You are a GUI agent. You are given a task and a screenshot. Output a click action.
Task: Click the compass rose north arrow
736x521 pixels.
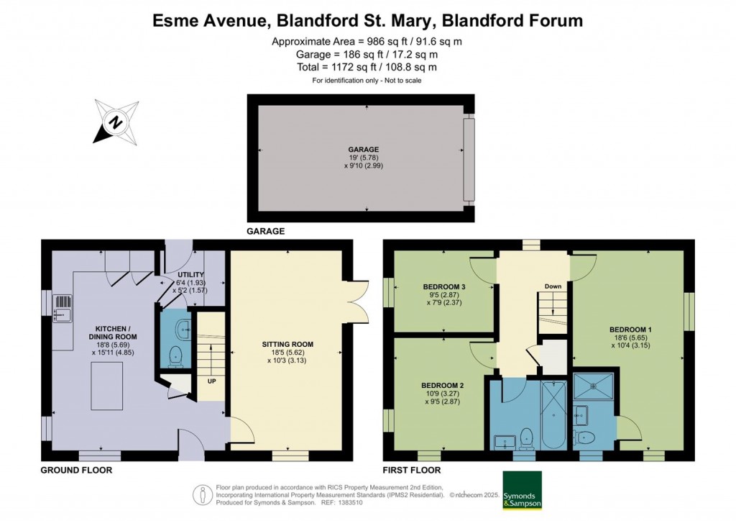pos(115,122)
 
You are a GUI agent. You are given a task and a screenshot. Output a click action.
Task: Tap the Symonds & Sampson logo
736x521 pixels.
pos(522,490)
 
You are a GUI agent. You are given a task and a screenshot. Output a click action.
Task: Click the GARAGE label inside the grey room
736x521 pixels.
pos(367,150)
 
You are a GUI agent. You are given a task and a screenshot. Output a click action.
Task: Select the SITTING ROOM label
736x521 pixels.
pos(287,344)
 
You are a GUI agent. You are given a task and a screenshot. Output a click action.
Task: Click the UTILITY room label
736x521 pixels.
pos(191,275)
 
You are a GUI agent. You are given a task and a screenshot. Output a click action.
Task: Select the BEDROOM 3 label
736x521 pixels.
pos(444,287)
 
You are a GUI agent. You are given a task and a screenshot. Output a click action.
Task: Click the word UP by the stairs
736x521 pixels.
pos(212,381)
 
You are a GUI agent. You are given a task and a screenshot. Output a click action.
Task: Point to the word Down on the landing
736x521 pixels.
pos(553,286)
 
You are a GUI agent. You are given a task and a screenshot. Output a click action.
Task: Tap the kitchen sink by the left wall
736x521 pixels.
pos(63,307)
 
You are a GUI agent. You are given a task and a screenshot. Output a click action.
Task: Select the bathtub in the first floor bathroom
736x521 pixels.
pos(554,413)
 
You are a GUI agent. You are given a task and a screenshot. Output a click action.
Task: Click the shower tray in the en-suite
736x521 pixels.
pos(595,386)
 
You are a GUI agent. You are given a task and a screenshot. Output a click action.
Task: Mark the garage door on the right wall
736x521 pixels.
pos(469,159)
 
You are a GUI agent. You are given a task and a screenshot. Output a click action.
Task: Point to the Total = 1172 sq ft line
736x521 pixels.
pos(367,67)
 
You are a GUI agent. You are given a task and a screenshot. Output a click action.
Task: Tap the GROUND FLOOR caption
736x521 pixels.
pos(76,470)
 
